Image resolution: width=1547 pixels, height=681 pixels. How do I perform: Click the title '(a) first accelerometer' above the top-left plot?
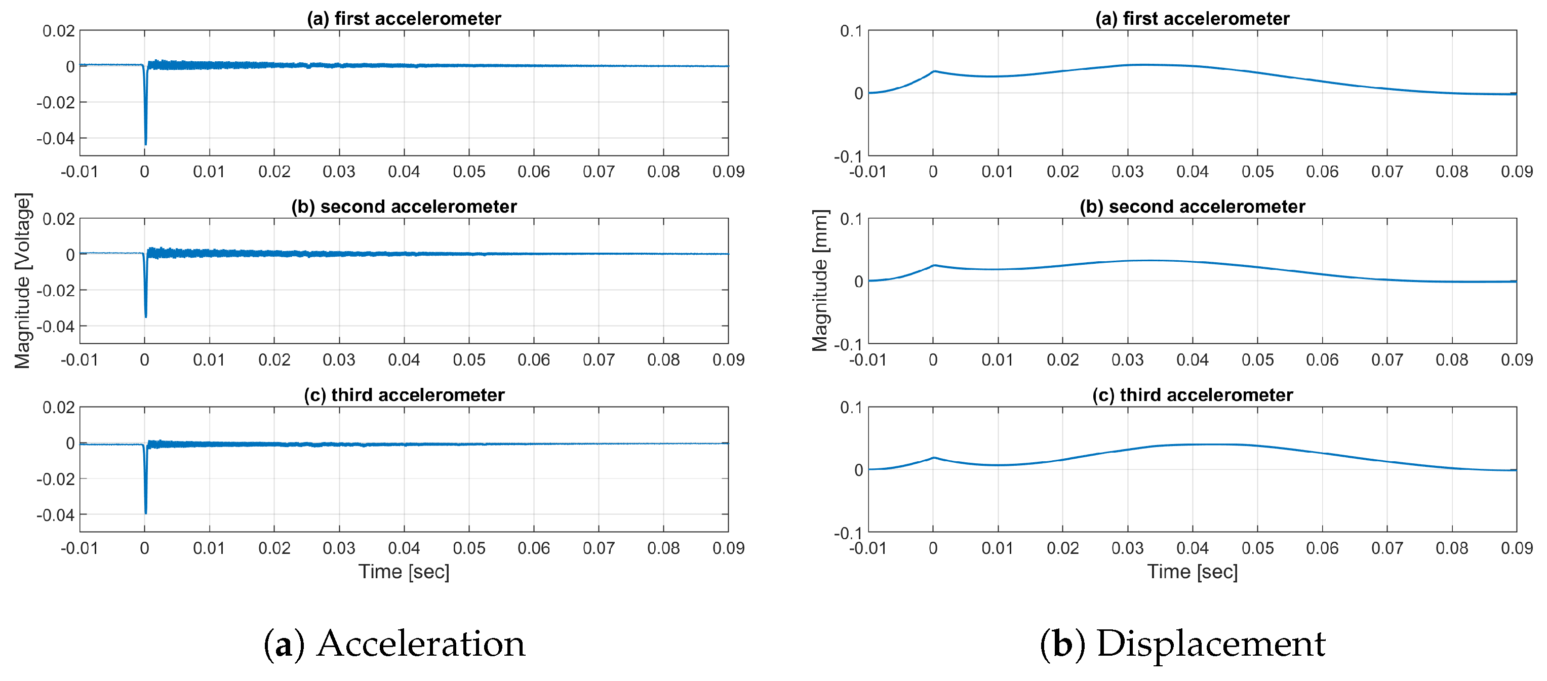click(x=404, y=19)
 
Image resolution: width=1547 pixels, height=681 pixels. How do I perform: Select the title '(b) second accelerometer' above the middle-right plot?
click(x=1192, y=207)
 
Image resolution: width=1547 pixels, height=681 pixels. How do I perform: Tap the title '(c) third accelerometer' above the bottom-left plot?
click(x=404, y=395)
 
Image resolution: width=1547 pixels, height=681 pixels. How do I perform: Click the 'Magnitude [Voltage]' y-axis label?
click(x=22, y=281)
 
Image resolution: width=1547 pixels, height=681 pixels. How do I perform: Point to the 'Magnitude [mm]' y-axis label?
click(x=820, y=281)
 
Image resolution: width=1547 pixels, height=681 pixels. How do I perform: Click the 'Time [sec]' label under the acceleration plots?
click(x=404, y=572)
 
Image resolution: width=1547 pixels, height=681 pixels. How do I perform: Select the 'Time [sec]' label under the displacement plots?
click(x=1192, y=572)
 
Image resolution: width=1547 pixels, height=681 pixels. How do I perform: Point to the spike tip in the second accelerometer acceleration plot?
click(x=145, y=316)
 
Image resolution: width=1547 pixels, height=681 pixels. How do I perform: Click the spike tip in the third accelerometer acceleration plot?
click(x=145, y=513)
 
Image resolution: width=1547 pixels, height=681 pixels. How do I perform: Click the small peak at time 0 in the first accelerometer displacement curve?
click(x=934, y=71)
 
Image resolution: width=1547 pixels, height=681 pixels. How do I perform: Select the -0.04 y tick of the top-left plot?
click(x=55, y=139)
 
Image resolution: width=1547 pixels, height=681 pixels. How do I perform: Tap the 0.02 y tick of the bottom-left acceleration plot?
click(x=58, y=408)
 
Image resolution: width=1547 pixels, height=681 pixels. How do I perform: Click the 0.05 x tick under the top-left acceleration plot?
click(x=468, y=172)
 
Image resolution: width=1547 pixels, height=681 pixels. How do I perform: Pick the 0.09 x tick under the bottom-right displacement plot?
click(x=1517, y=548)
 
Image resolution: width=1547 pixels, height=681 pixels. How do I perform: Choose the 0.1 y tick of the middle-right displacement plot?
click(x=851, y=219)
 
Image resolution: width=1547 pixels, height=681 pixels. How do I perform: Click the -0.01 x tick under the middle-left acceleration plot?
click(x=80, y=360)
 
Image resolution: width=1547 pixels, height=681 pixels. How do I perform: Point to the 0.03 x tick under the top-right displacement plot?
click(x=1127, y=172)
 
